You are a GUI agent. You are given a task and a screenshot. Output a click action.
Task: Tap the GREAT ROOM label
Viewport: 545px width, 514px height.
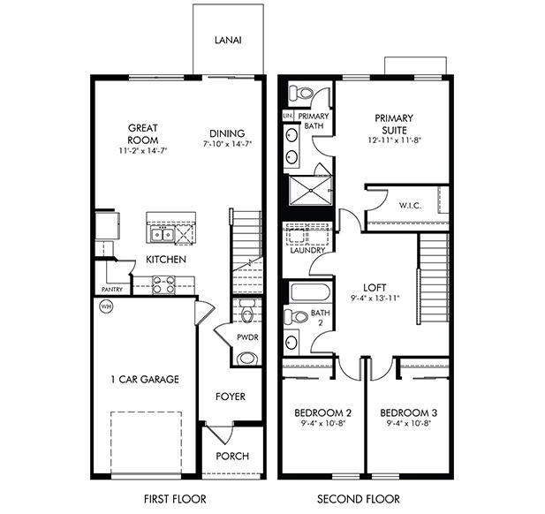(x=142, y=133)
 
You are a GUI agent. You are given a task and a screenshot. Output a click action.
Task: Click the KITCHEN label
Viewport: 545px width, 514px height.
(x=165, y=260)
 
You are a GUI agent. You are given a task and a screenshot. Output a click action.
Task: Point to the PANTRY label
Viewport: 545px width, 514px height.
(x=112, y=289)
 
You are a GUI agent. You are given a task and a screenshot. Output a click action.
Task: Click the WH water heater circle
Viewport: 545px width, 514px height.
(x=106, y=307)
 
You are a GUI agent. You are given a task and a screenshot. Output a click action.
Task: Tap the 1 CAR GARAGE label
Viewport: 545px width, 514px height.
(x=146, y=380)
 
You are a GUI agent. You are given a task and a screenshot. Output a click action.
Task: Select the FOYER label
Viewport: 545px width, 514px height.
(x=231, y=397)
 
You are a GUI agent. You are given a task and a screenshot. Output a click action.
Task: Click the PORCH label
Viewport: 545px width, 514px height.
(x=231, y=457)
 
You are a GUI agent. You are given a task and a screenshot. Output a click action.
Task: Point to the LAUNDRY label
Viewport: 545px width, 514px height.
(x=307, y=250)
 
